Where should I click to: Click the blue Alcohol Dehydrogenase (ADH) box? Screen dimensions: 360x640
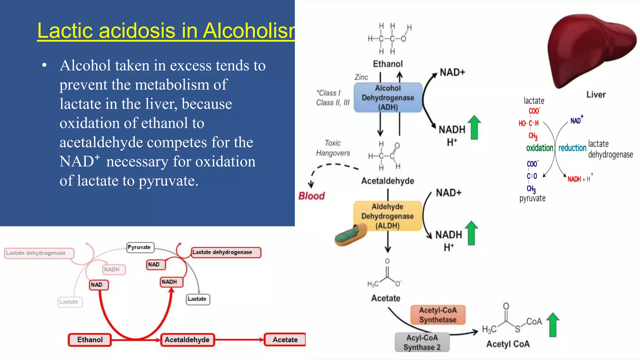pyautogui.click(x=388, y=97)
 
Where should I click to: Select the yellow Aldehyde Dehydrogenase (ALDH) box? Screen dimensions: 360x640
pyautogui.click(x=387, y=216)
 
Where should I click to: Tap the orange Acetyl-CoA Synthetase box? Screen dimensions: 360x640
pyautogui.click(x=437, y=315)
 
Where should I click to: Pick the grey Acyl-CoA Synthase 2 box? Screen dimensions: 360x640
pyautogui.click(x=422, y=342)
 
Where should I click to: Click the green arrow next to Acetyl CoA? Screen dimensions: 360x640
pyautogui.click(x=552, y=325)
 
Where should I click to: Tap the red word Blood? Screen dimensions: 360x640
pyautogui.click(x=312, y=196)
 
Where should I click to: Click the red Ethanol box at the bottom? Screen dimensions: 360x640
pyautogui.click(x=90, y=340)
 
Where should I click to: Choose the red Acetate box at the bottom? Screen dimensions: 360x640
pyautogui.click(x=285, y=340)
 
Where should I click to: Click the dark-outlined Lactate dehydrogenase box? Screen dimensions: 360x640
pyautogui.click(x=226, y=252)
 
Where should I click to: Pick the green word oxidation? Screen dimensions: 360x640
pyautogui.click(x=539, y=148)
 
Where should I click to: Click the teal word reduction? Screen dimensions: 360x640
pyautogui.click(x=572, y=148)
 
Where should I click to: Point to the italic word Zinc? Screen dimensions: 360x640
pyautogui.click(x=361, y=77)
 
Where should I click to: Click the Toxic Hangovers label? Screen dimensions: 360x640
pyautogui.click(x=333, y=148)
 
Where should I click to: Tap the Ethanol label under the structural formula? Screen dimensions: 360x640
pyautogui.click(x=388, y=64)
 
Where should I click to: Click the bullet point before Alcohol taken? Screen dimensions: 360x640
pyautogui.click(x=44, y=66)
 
